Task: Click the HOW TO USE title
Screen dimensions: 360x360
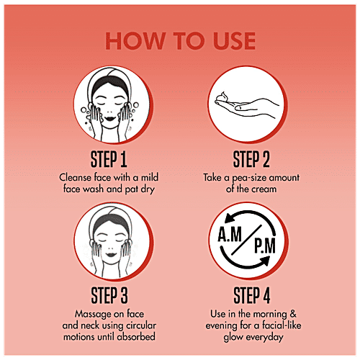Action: tap(181, 41)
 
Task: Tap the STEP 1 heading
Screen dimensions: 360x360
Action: tap(109, 159)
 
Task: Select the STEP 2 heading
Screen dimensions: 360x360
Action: tap(251, 159)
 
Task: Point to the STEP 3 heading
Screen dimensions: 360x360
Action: tap(109, 296)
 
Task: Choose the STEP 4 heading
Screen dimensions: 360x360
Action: tap(252, 296)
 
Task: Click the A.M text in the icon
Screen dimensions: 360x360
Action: tap(230, 234)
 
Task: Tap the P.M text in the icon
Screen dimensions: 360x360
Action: tap(265, 246)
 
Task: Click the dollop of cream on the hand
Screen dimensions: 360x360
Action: tap(224, 97)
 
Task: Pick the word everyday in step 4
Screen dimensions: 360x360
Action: tap(264, 338)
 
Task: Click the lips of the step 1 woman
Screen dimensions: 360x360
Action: tap(109, 119)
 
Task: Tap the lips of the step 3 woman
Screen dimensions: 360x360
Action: tap(111, 254)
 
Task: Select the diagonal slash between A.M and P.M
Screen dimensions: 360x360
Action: tap(247, 240)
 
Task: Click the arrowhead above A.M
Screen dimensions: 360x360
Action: tap(230, 218)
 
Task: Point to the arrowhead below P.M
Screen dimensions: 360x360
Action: tap(264, 261)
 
